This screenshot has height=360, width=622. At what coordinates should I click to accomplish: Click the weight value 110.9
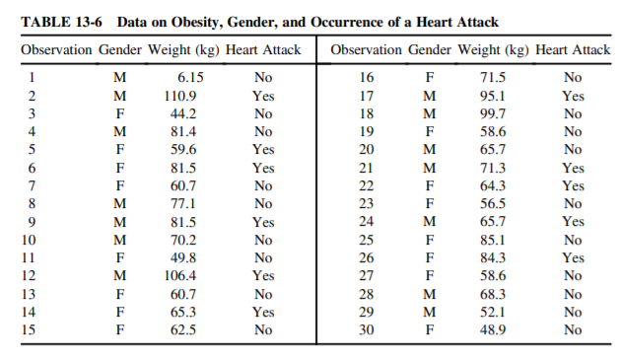click(x=179, y=96)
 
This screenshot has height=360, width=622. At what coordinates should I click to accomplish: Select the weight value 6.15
click(x=190, y=78)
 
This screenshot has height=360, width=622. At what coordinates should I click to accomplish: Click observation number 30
click(x=367, y=330)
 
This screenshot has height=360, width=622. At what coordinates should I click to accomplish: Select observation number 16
click(x=367, y=78)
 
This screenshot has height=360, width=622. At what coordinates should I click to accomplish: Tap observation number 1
click(x=33, y=78)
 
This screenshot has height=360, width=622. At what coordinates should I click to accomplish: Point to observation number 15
click(x=33, y=330)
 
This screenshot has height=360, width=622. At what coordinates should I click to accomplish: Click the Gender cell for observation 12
click(x=119, y=276)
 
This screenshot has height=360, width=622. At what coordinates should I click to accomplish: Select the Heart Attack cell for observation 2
click(x=263, y=96)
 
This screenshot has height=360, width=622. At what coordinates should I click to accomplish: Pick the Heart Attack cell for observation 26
click(x=573, y=258)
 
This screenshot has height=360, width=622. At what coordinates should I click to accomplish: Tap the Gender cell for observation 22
click(x=429, y=186)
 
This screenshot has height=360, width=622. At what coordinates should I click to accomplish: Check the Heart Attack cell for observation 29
click(x=573, y=313)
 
